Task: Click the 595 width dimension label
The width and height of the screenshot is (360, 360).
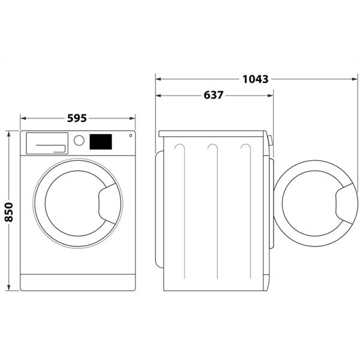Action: (77, 118)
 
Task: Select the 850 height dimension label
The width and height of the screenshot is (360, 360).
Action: (9, 212)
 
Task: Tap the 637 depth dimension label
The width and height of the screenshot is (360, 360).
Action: (213, 95)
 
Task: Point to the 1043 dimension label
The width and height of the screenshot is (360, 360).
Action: (256, 79)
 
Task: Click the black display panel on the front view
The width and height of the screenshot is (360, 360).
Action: (101, 142)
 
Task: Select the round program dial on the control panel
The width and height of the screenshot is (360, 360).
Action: (79, 140)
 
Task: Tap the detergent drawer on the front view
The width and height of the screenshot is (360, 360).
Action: (47, 143)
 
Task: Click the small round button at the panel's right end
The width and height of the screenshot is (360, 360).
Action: (131, 136)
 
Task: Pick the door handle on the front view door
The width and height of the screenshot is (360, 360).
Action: (107, 203)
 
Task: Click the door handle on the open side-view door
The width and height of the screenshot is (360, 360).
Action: (344, 203)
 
